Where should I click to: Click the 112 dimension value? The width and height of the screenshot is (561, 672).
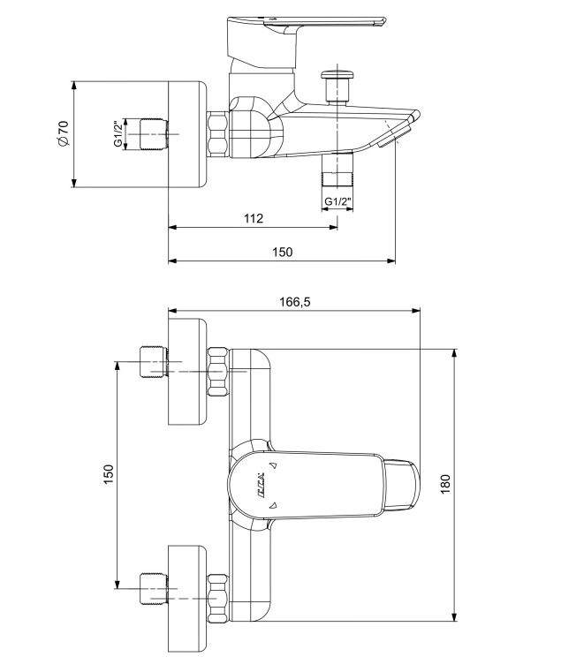click(254, 218)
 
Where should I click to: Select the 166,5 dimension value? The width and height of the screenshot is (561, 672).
click(294, 301)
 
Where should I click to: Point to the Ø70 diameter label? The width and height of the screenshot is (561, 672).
click(61, 134)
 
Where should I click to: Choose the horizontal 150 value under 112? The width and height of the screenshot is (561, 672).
click(281, 252)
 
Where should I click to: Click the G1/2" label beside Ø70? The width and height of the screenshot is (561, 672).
click(118, 134)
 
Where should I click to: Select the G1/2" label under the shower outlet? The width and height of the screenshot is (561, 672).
click(337, 201)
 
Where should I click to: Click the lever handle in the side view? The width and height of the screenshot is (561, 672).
click(309, 26)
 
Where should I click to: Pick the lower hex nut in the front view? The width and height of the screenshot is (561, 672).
click(217, 597)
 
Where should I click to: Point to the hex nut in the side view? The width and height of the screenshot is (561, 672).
click(218, 135)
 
